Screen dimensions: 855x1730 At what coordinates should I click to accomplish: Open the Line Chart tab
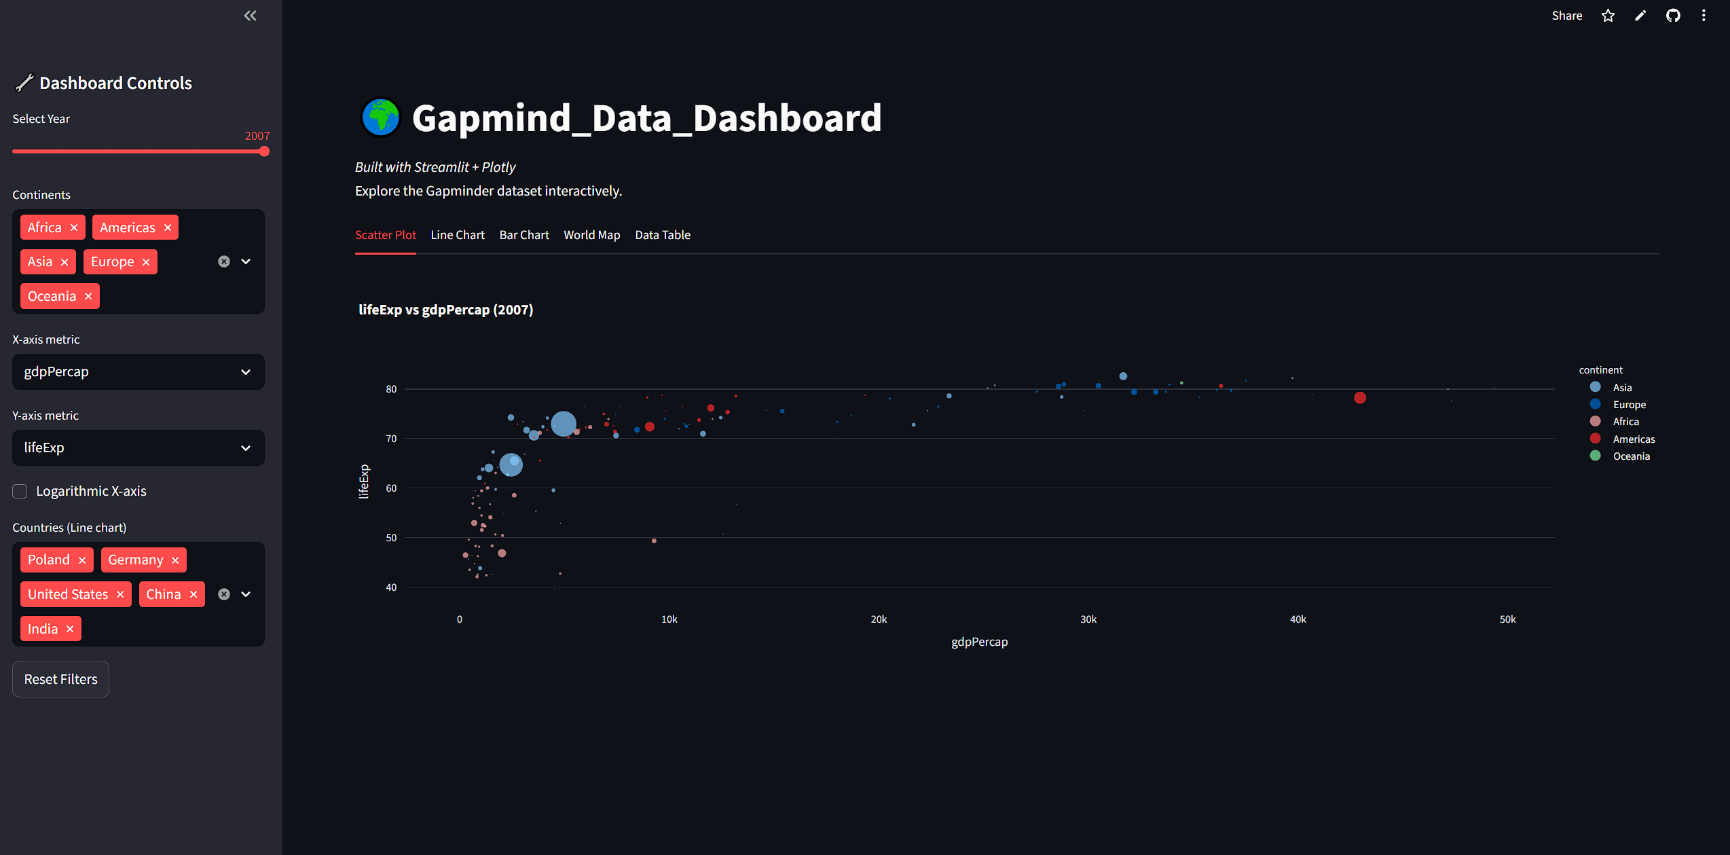click(x=458, y=235)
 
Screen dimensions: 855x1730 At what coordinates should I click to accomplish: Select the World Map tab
click(x=591, y=235)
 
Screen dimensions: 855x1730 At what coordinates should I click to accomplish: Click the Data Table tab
click(x=662, y=235)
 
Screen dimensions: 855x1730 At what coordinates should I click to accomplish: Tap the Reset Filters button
click(x=60, y=679)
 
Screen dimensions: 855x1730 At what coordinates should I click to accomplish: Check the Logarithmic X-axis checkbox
click(x=20, y=491)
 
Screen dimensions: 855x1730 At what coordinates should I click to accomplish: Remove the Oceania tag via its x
click(x=88, y=296)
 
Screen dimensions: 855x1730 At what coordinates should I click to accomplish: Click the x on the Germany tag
click(x=175, y=560)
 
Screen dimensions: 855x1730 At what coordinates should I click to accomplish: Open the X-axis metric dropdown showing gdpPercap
click(x=138, y=371)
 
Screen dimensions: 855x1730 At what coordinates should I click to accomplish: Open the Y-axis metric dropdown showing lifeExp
click(x=138, y=448)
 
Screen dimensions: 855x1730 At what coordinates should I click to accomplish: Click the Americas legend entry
click(x=1633, y=439)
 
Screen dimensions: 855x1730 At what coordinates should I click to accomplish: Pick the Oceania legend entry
click(x=1631, y=456)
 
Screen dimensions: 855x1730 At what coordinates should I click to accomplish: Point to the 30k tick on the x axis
click(x=1088, y=619)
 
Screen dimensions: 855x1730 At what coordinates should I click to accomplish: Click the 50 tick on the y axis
click(x=391, y=538)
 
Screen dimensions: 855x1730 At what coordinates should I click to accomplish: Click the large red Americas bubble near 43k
click(x=1359, y=398)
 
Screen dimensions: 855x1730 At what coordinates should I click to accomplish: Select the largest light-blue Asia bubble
click(x=563, y=424)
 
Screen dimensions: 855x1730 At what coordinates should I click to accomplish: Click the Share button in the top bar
click(x=1566, y=16)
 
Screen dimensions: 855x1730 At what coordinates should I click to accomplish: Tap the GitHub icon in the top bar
click(x=1673, y=16)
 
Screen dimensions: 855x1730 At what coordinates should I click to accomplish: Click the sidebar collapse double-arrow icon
click(x=250, y=16)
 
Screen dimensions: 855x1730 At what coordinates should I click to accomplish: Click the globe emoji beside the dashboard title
click(x=380, y=117)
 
